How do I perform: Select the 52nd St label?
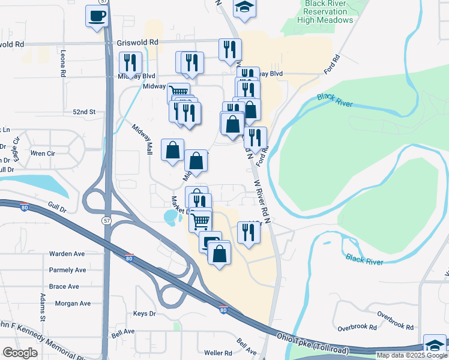[84, 112]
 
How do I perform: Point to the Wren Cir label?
[43, 154]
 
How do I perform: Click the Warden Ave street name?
[67, 254]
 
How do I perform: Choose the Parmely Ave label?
[68, 270]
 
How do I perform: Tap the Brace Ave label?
[64, 287]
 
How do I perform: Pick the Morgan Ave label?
[72, 304]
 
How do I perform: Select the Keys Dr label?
[144, 314]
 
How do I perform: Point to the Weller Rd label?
[218, 353]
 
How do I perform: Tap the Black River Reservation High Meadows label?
[325, 12]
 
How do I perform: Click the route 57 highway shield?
[106, 221]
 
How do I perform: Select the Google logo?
[20, 353]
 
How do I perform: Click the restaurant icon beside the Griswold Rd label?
[230, 50]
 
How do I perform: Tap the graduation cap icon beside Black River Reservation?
[244, 8]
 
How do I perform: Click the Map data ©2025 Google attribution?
[412, 355]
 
